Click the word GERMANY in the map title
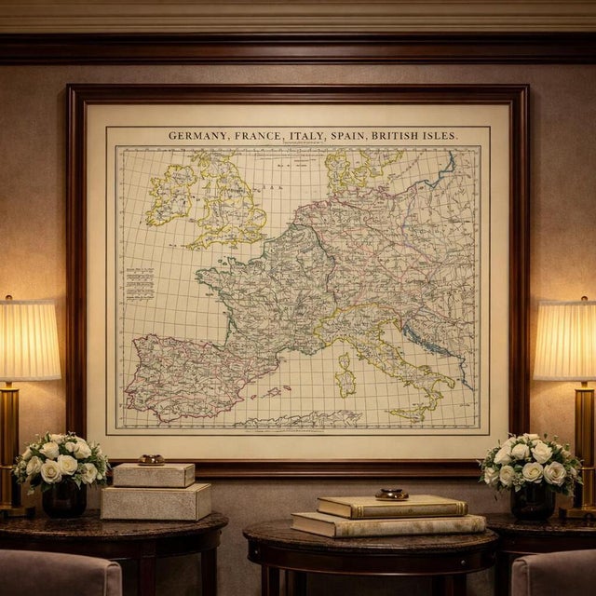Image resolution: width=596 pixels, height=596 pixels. pos(198,136)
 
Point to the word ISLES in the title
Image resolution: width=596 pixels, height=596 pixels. pos(438,136)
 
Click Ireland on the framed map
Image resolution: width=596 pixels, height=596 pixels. pos(169,196)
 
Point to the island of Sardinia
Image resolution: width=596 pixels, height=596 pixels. pos(345,374)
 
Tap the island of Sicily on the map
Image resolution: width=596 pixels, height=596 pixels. pos(411,411)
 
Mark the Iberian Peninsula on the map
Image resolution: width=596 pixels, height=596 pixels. pos(186,372)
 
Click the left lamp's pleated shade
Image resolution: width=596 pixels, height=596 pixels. pos(28,339)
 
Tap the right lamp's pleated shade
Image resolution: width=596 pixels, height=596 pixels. pos(565,339)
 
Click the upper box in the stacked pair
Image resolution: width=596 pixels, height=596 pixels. pos(153,475)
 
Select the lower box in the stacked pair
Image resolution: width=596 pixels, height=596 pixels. pos(156,502)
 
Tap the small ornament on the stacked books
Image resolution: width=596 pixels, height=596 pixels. pos(391,494)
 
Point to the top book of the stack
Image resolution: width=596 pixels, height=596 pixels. pos(391,507)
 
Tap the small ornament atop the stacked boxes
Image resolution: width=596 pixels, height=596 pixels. pos(151,459)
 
